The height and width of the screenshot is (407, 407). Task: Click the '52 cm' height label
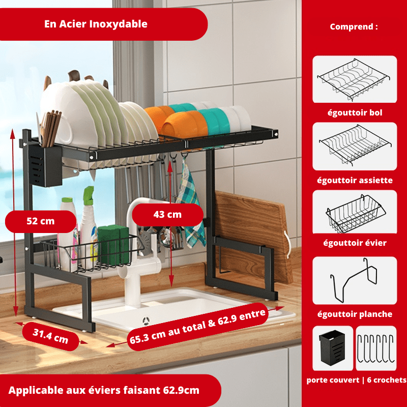(x=41, y=221)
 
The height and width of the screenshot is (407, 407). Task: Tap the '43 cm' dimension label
(x=167, y=215)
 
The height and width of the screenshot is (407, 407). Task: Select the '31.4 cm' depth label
(x=50, y=336)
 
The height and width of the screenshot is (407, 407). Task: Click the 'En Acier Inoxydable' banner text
(x=96, y=24)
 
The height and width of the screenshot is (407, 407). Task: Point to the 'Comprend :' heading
(x=354, y=27)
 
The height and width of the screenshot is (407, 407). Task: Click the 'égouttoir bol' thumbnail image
(x=355, y=79)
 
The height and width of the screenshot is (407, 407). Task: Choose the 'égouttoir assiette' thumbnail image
(x=355, y=147)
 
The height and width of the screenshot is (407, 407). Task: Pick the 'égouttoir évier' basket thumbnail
(x=355, y=212)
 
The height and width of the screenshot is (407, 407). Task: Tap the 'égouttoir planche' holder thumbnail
(x=355, y=281)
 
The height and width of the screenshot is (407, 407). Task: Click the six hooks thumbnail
(x=376, y=348)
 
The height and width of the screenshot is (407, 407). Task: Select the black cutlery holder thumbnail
(x=333, y=348)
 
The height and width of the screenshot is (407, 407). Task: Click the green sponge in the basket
(x=113, y=245)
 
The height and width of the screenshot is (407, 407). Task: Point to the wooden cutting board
(x=253, y=236)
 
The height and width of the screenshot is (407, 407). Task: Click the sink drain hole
(x=146, y=322)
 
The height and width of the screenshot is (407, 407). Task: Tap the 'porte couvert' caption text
(x=333, y=380)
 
